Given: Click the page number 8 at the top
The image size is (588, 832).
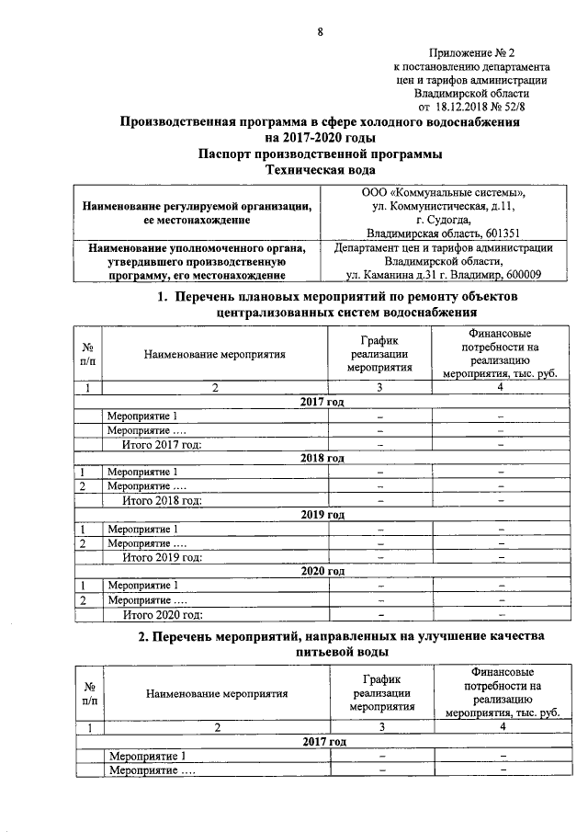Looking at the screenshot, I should click(320, 33).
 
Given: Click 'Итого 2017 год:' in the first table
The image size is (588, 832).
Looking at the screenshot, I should click(162, 445).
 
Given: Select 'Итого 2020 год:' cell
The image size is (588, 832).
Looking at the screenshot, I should click(162, 615).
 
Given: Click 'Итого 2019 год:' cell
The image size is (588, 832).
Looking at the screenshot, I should click(162, 557).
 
